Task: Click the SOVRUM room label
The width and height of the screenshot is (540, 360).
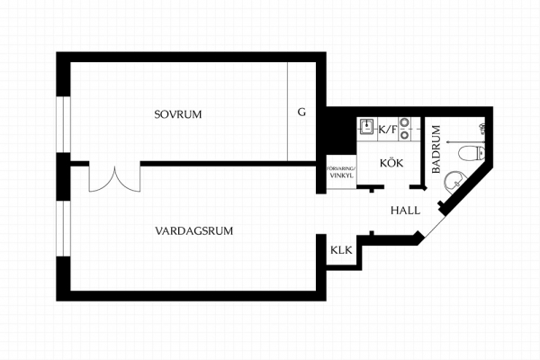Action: click(x=178, y=114)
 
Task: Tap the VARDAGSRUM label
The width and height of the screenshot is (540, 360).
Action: click(x=193, y=230)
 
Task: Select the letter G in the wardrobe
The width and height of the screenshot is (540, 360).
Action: click(x=301, y=112)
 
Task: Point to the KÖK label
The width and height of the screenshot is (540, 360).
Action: click(x=391, y=162)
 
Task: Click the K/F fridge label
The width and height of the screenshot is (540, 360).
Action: click(x=388, y=130)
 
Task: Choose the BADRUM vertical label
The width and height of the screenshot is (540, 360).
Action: click(x=436, y=149)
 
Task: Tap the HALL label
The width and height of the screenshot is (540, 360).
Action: click(x=405, y=210)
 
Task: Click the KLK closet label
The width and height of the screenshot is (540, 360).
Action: click(x=341, y=250)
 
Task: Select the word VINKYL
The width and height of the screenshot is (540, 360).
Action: click(x=342, y=175)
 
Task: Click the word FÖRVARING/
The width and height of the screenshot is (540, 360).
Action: click(x=341, y=169)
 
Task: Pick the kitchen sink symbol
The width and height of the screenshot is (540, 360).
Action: click(x=367, y=126)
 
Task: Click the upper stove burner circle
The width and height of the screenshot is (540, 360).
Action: click(x=404, y=122)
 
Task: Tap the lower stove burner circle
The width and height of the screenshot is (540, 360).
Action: click(x=404, y=135)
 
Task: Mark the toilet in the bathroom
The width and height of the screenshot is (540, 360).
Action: click(x=472, y=153)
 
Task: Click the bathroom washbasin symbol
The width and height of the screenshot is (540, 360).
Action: click(x=455, y=182)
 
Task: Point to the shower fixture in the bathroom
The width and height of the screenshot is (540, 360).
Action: click(x=482, y=129)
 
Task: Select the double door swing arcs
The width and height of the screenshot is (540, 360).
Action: click(x=114, y=179)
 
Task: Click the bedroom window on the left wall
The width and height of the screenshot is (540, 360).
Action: click(x=63, y=124)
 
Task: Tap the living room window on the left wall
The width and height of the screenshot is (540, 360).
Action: click(x=63, y=229)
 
